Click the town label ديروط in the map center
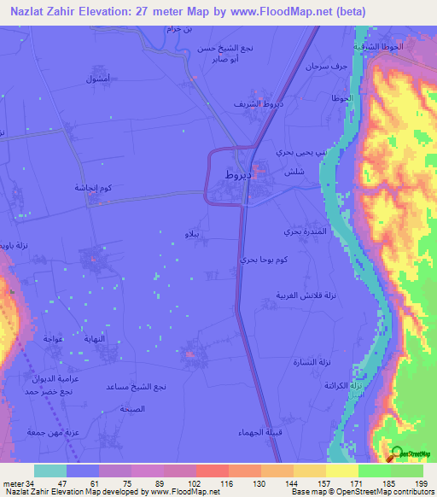pyautogui.click(x=235, y=174)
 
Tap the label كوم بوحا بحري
pyautogui.click(x=260, y=258)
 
